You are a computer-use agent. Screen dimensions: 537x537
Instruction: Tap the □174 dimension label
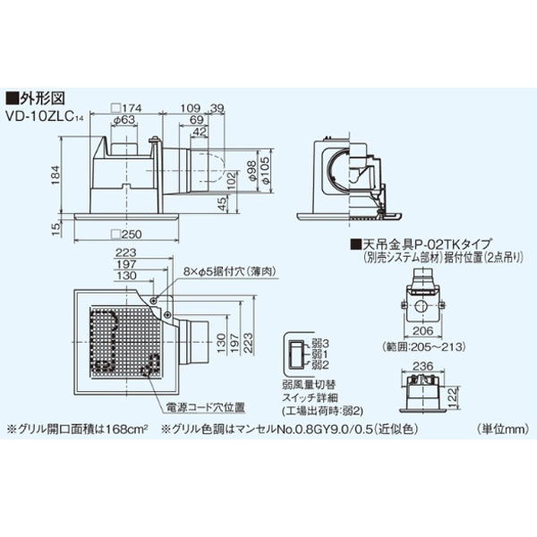(124, 107)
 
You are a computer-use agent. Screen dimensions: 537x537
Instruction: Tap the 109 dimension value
(190, 107)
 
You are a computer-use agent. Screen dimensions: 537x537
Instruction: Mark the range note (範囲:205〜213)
(422, 345)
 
